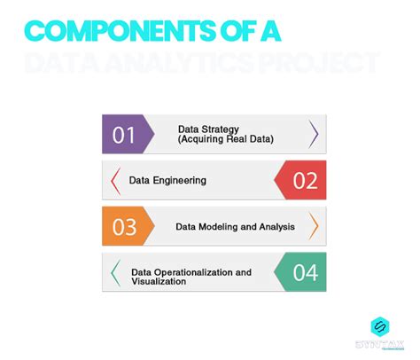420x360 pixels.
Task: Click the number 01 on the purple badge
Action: (x=124, y=136)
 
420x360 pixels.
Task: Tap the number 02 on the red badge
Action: (x=304, y=181)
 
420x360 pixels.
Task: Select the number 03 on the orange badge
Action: (x=124, y=227)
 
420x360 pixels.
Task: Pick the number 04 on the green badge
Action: (x=304, y=272)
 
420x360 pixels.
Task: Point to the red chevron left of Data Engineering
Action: (x=115, y=181)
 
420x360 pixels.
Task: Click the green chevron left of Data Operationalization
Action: (x=115, y=272)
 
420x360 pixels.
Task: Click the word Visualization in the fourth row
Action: (x=159, y=282)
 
